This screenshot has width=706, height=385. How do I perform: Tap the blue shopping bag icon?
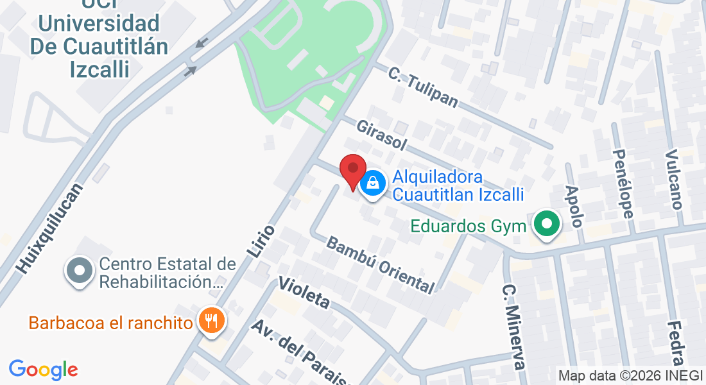(x=372, y=184)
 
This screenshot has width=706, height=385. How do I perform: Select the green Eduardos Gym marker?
(x=547, y=225)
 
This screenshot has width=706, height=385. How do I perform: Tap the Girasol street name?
(x=381, y=135)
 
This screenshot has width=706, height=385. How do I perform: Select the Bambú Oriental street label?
(x=380, y=264)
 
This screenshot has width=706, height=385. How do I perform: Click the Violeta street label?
(x=304, y=293)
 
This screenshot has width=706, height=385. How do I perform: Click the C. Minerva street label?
(x=514, y=327)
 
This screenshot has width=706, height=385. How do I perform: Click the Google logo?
(x=44, y=370)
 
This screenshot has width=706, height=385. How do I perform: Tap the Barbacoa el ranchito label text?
(x=111, y=322)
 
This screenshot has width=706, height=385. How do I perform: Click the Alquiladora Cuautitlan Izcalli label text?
(x=458, y=185)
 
